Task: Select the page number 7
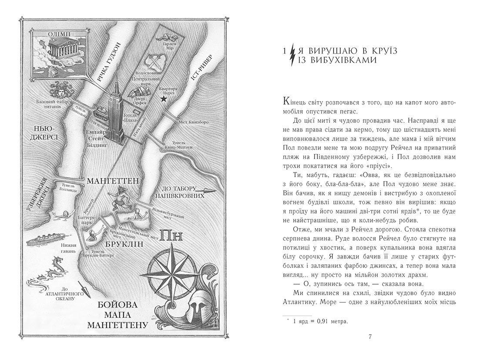[x=369, y=336]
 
